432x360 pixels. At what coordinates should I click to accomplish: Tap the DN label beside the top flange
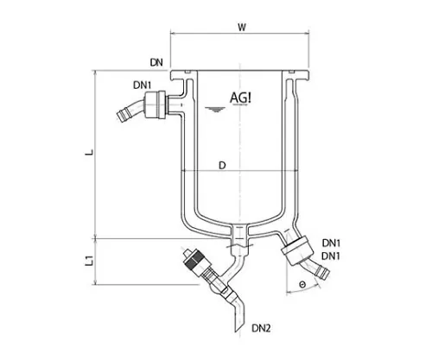[x=156, y=62]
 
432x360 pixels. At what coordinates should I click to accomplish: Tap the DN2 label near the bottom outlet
[x=264, y=327]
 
